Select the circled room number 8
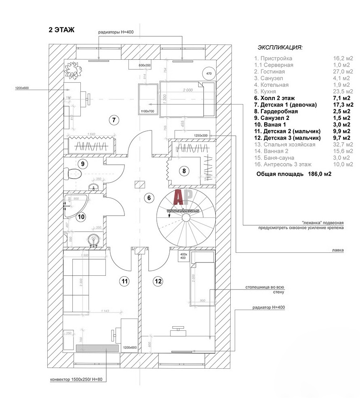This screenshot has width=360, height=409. [184, 171]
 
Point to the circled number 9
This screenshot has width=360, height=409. [82, 164]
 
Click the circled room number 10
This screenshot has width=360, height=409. [81, 217]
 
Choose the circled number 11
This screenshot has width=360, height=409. [125, 281]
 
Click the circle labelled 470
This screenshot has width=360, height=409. [209, 73]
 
